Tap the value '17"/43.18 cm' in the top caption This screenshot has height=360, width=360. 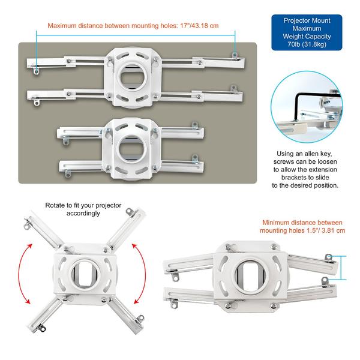[x=196, y=26]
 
